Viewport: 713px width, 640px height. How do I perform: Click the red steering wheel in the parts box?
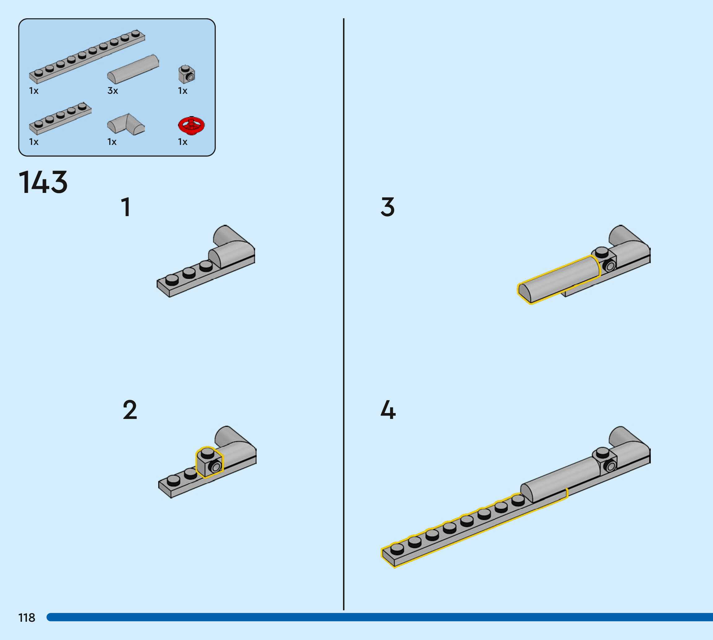[x=191, y=125]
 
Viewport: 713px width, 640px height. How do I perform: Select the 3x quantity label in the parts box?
[x=112, y=91]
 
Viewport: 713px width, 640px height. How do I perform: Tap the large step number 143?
[x=43, y=182]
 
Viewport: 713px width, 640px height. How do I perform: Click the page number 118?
[x=27, y=617]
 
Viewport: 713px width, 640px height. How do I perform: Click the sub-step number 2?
[x=130, y=410]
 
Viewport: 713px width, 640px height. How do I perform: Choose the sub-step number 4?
[x=388, y=410]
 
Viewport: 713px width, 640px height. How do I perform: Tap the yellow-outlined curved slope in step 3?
[x=559, y=279]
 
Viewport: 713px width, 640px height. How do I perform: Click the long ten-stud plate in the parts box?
[x=87, y=56]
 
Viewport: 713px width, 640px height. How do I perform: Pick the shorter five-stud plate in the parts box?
[x=60, y=118]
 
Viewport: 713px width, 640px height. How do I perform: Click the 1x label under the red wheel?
[x=182, y=142]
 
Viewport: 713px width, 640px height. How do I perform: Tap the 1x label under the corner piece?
[x=112, y=142]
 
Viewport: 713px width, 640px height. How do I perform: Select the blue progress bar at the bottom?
[x=380, y=617]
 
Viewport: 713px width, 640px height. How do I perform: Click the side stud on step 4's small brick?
[x=610, y=466]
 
